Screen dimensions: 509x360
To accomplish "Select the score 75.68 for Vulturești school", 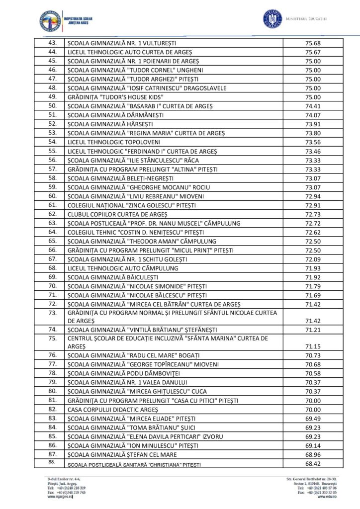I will [x=313, y=43].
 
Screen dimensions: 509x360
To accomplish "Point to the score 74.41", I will [x=313, y=106].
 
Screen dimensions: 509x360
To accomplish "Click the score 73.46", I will [x=313, y=151].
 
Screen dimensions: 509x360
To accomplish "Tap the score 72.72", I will [x=313, y=223].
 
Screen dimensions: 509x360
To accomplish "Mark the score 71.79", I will [x=313, y=286].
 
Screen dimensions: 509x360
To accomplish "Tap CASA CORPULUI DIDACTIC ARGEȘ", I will [x=113, y=410].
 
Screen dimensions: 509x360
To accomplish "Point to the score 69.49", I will [x=313, y=419].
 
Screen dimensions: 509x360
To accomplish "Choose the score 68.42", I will [x=313, y=464].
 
